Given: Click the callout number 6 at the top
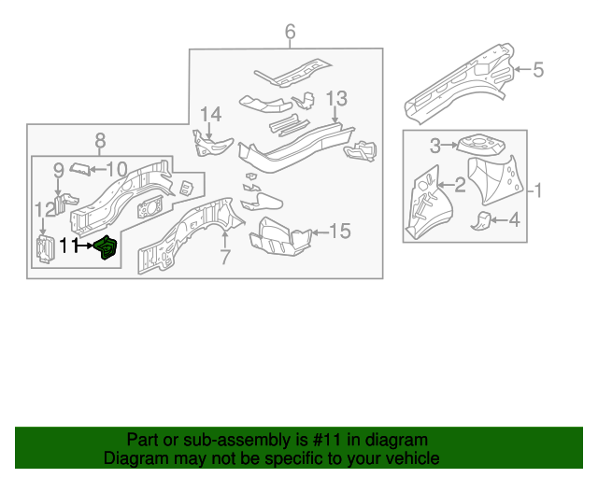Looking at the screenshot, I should coord(290,33).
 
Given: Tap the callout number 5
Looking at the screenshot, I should coord(538,68).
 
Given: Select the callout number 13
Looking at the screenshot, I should coord(336,98).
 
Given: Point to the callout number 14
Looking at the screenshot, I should coord(211,114).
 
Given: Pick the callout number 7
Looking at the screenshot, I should coord(224,256).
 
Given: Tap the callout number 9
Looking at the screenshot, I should coord(58,169).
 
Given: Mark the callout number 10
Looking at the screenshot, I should coord(116,169).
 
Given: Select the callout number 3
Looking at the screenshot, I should coord(435,145).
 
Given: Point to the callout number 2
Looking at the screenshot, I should coord(460,183).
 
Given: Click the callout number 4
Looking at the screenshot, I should coord(513,220).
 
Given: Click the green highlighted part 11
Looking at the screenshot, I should coord(107,249).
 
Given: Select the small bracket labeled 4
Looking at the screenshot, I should coord(480,220).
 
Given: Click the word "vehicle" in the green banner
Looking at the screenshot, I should coord(410,458).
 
